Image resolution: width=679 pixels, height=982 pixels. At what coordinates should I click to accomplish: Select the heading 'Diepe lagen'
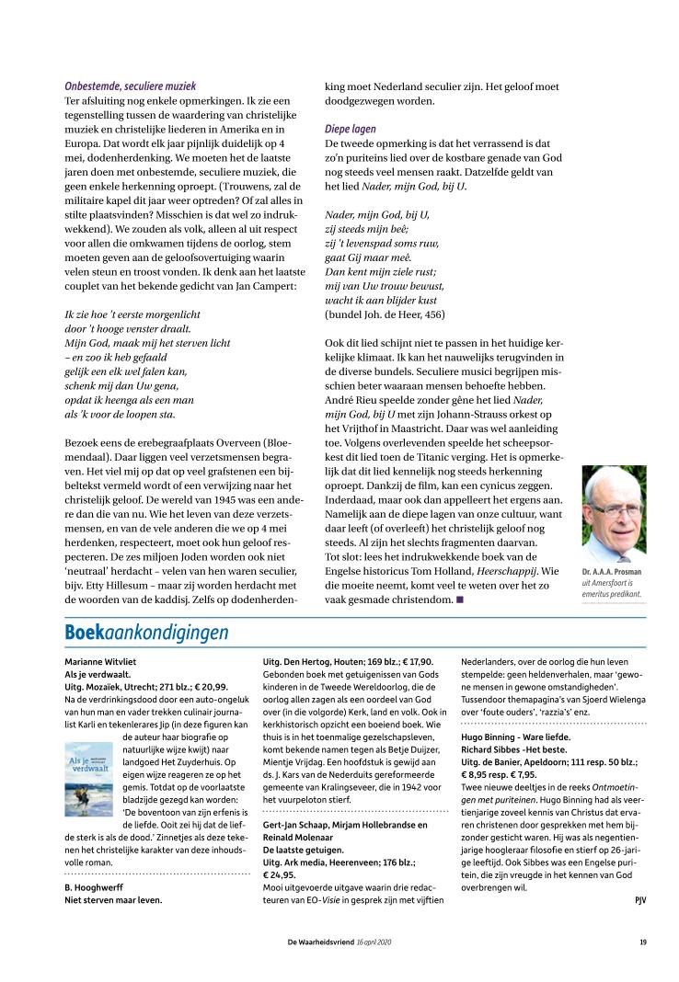[x=351, y=130]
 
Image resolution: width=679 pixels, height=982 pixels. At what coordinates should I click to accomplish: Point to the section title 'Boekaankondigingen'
[x=146, y=633]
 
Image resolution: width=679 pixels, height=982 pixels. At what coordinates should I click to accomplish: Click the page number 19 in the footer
[x=643, y=942]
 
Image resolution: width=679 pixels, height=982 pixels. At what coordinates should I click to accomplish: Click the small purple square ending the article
[x=459, y=599]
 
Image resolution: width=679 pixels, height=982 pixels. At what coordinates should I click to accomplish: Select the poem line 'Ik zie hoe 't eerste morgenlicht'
[x=132, y=314]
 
